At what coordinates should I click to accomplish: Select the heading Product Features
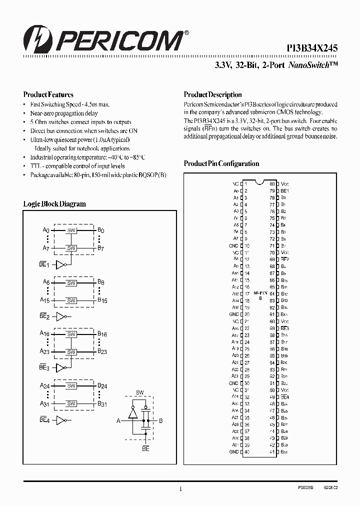pos(48,94)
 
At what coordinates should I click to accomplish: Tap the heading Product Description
pos(212,94)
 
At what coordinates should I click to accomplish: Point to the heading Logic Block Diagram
pos(54,204)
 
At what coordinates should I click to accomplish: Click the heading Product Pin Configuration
pos(221,163)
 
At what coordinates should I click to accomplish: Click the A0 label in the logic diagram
pos(46,230)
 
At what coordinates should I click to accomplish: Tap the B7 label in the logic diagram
pos(100,248)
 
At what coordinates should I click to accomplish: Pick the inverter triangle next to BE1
pos(60,264)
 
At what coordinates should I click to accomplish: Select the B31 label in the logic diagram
pos(101,404)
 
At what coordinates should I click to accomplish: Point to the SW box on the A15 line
pos(71,300)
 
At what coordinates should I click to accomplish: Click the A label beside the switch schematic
pos(118,421)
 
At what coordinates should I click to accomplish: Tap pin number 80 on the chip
pos(272,183)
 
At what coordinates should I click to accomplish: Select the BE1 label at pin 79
pos(285,191)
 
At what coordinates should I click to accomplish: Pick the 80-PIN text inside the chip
pos(260,291)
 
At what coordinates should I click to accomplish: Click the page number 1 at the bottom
pos(179,489)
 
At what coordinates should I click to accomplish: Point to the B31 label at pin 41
pos(284,452)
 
